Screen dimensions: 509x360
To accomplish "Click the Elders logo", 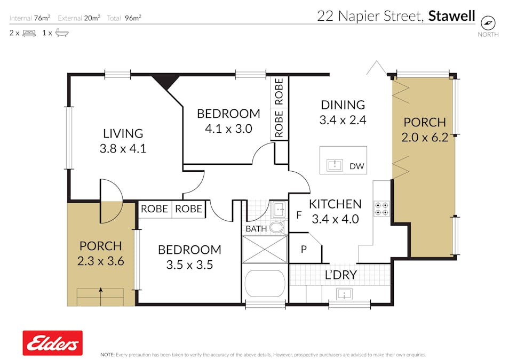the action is (53, 343).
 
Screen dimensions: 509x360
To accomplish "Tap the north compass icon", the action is (488, 23).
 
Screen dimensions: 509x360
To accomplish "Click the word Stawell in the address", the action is (451, 16).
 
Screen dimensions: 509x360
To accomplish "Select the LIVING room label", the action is (123, 133).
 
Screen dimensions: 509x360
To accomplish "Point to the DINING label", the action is (343, 105).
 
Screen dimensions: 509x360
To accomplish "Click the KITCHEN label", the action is (335, 204).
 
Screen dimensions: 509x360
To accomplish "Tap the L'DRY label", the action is (341, 275).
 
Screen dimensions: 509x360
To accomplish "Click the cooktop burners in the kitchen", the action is (381, 209).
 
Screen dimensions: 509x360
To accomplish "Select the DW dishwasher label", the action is (357, 166).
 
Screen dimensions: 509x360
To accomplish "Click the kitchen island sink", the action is (335, 165).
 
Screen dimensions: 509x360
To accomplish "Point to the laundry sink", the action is (344, 294).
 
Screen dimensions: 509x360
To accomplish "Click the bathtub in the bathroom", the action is (265, 283).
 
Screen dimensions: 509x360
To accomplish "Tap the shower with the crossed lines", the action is (265, 249).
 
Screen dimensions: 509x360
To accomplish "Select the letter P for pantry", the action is (304, 249).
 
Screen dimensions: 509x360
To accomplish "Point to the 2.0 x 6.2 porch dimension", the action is (425, 137).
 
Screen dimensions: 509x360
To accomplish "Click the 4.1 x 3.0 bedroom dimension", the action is (228, 129).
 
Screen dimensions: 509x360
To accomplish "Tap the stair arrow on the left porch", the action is (101, 296).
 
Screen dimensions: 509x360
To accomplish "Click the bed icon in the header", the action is (29, 33).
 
